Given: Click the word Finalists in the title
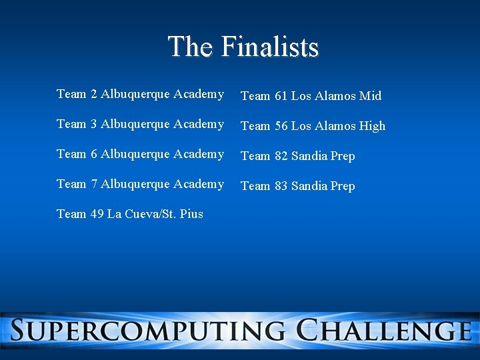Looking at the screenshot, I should point(270,47).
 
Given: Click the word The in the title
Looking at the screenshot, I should point(191,47).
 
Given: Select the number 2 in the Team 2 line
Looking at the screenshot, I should point(94,94).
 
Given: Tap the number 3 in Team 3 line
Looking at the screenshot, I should point(94,124).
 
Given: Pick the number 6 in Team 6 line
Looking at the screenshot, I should point(94,154).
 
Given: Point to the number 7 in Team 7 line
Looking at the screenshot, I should point(94,184).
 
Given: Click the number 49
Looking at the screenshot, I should point(97,214).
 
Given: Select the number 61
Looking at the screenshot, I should point(281,96).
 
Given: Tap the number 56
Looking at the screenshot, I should point(281,126).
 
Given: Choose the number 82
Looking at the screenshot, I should point(281,156).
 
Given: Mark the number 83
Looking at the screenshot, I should point(281,186).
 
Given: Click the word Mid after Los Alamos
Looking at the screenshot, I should point(370,96).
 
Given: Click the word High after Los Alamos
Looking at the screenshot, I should point(372,126).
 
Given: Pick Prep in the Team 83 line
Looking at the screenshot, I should point(343,186).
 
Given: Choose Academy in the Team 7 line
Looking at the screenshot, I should point(199,184).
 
